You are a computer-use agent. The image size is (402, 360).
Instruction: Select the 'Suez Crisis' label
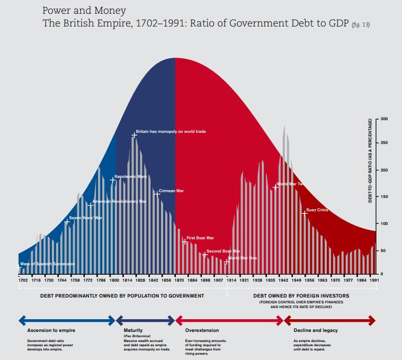317,210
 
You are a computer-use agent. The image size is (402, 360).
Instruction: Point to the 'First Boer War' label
200,238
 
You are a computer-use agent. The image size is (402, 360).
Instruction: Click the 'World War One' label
243,258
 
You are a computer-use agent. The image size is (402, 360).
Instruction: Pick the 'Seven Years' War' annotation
86,218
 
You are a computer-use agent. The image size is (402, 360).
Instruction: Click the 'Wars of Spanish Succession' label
47,264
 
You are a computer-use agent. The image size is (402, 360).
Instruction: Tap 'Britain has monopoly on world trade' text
171,131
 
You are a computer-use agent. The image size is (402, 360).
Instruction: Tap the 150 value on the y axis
384,196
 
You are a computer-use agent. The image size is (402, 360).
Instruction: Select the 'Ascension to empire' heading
47,330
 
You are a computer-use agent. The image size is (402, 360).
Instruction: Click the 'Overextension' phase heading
199,330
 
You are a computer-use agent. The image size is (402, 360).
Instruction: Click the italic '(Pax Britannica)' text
137,336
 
